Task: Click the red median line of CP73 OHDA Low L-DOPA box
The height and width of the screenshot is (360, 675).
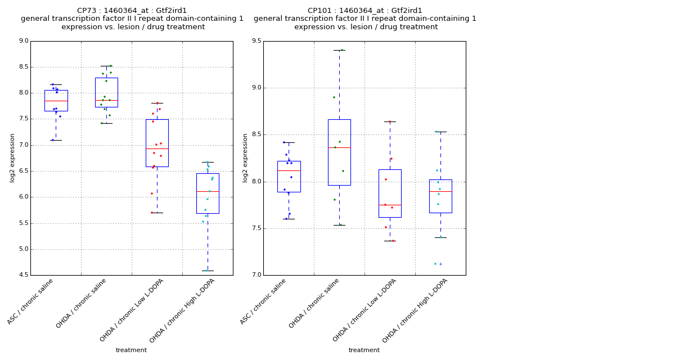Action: tap(157, 148)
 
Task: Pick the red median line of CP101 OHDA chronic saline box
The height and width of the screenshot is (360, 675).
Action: tap(339, 147)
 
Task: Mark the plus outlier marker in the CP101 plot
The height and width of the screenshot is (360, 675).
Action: tap(440, 264)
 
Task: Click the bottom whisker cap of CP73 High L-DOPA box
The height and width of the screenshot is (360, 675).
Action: tap(208, 271)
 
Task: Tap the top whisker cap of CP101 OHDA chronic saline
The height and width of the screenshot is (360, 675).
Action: tap(339, 50)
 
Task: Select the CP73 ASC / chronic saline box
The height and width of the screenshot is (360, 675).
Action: tap(56, 100)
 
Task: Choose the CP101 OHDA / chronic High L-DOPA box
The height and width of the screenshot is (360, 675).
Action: tap(440, 196)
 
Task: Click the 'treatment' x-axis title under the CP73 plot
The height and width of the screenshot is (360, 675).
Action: tap(131, 350)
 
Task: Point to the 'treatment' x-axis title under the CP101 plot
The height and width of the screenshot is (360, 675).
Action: tap(364, 350)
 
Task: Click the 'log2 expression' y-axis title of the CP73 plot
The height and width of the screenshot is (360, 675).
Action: tap(12, 158)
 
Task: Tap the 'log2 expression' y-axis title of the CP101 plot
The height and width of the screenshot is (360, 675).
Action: tap(245, 158)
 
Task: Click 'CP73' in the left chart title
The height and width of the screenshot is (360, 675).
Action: tap(88, 11)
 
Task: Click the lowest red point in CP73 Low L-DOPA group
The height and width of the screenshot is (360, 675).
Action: tap(151, 213)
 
